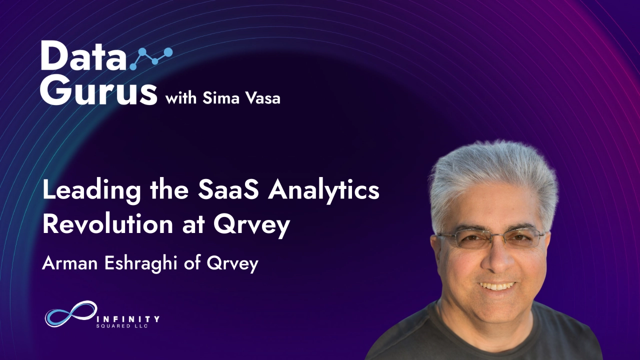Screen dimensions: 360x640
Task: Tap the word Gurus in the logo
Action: [98, 90]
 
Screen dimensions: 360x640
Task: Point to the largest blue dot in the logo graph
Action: [168, 51]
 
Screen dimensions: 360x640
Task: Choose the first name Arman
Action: [70, 263]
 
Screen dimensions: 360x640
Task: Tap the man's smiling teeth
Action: [496, 286]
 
